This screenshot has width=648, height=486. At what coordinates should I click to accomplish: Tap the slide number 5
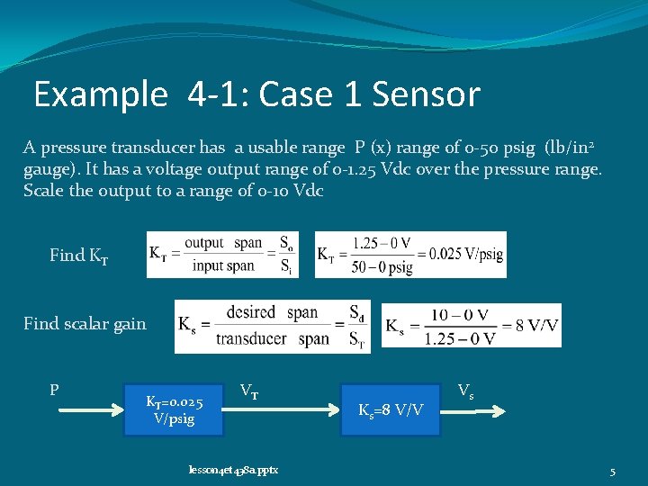pyautogui.click(x=612, y=470)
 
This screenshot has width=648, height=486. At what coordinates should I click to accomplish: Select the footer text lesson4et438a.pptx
pyautogui.click(x=233, y=469)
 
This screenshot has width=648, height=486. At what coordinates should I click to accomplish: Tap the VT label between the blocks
pyautogui.click(x=249, y=391)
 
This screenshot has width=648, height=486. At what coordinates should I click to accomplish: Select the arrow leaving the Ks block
pyautogui.click(x=478, y=410)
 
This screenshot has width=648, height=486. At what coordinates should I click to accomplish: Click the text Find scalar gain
pyautogui.click(x=85, y=323)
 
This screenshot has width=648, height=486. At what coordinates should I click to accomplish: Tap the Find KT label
pyautogui.click(x=79, y=256)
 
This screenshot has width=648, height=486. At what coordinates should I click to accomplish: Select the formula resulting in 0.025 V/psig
pyautogui.click(x=410, y=255)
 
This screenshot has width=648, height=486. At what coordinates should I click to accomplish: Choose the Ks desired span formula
pyautogui.click(x=272, y=325)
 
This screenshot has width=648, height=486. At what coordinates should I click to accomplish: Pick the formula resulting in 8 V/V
pyautogui.click(x=471, y=325)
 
